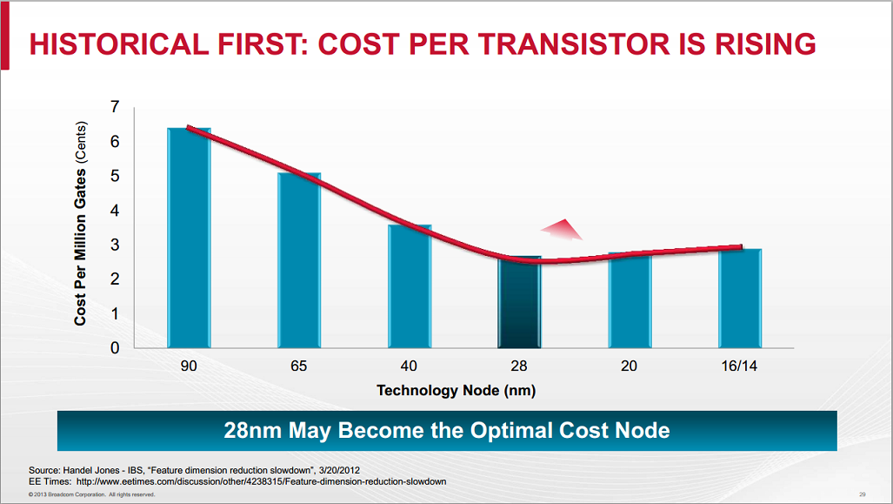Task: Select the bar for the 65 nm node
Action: pos(299,260)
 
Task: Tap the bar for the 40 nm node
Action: pos(409,286)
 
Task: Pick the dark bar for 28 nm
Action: pos(519,302)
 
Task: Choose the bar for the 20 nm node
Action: pos(629,300)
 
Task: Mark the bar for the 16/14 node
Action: pos(740,299)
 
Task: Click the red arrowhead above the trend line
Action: pos(561,229)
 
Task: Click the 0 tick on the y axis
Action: pos(115,348)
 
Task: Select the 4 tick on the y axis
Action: pos(115,211)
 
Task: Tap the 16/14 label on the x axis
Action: pos(739,366)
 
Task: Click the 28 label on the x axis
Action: pos(519,366)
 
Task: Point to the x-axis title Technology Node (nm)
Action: pos(456,391)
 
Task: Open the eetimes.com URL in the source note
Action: pos(261,481)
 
